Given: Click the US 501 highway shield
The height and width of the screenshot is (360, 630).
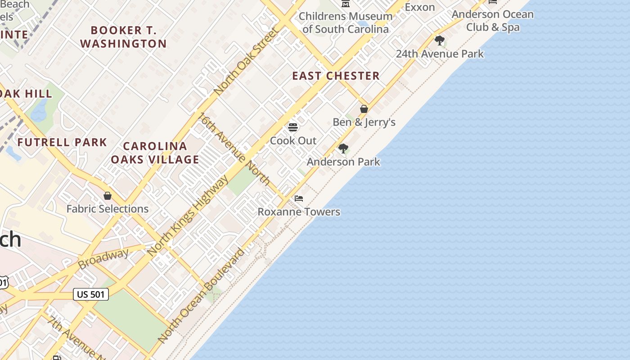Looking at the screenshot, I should click(x=91, y=294).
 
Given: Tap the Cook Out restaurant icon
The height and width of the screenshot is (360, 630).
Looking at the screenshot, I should click(x=293, y=127).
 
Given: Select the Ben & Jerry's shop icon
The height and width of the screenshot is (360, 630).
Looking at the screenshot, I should click(x=364, y=109).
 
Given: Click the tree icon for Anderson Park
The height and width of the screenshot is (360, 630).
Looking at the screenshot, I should click(x=343, y=148).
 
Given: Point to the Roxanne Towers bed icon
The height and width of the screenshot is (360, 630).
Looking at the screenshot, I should click(x=299, y=198).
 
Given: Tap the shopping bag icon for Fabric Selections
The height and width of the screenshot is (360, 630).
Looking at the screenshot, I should click(x=108, y=196).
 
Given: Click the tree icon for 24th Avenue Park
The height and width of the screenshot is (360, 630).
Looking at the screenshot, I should click(x=440, y=40).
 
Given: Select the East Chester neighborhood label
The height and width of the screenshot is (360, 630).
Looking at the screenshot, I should click(x=336, y=76).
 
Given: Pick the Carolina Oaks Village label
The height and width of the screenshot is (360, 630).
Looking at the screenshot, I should click(x=155, y=153).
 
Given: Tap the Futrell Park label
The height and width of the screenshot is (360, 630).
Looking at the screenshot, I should click(x=62, y=143).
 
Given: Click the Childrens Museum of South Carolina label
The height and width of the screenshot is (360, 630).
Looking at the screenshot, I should click(x=345, y=22).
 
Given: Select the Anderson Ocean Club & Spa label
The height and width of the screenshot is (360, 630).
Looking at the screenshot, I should click(x=492, y=21).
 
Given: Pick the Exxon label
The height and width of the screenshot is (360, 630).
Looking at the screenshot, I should click(x=419, y=7).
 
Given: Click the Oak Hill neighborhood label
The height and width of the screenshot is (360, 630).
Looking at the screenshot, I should click(x=26, y=94).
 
